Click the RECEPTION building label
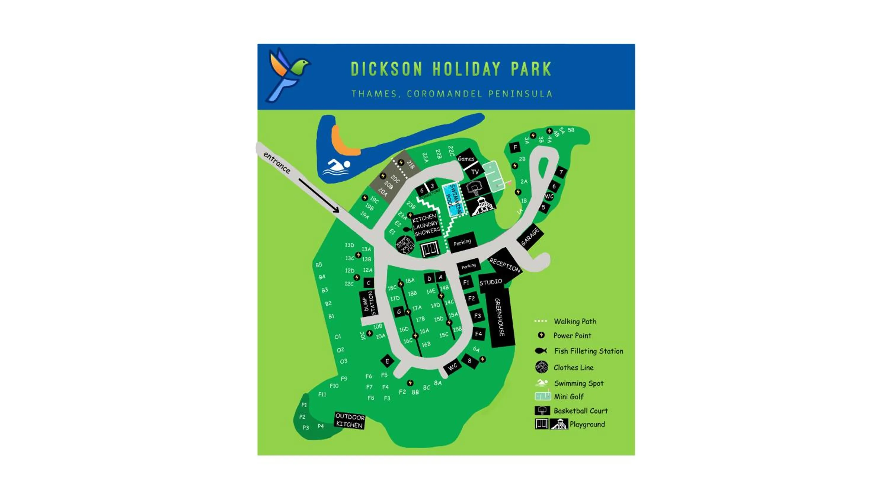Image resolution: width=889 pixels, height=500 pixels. pyautogui.click(x=505, y=265)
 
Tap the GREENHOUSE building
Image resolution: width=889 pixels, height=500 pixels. pyautogui.click(x=500, y=318)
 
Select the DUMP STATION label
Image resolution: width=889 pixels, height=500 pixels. pyautogui.click(x=369, y=303)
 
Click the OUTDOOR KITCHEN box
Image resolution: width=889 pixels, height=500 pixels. pyautogui.click(x=350, y=420)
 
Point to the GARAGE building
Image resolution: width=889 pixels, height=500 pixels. pyautogui.click(x=530, y=237)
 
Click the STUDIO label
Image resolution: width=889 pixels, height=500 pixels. pyautogui.click(x=490, y=282)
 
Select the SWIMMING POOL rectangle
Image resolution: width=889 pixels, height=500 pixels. pyautogui.click(x=453, y=200)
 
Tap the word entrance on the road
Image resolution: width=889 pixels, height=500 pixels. pyautogui.click(x=277, y=162)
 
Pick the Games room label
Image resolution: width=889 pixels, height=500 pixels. pyautogui.click(x=466, y=158)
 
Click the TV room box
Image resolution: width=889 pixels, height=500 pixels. pyautogui.click(x=475, y=172)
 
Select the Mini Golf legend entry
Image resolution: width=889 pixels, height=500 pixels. pyautogui.click(x=568, y=397)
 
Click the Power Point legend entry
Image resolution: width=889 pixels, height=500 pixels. pyautogui.click(x=572, y=335)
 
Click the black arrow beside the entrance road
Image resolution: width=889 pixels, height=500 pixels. pyautogui.click(x=319, y=195)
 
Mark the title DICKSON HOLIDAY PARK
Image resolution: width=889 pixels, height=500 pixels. pyautogui.click(x=451, y=69)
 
